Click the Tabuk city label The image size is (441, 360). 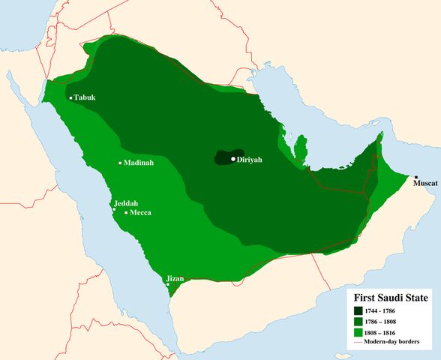[86, 97]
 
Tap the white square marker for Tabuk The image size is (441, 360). [70, 98]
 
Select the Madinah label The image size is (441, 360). [139, 163]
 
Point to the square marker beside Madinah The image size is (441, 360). [120, 163]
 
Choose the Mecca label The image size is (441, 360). [141, 212]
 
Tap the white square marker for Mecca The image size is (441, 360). [126, 213]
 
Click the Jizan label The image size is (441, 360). [175, 278]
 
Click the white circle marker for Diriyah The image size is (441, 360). [234, 159]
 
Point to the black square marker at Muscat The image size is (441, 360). [415, 177]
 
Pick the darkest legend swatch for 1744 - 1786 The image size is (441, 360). [359, 310]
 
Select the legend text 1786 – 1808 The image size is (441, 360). [388, 320]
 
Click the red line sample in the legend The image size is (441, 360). [359, 342]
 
